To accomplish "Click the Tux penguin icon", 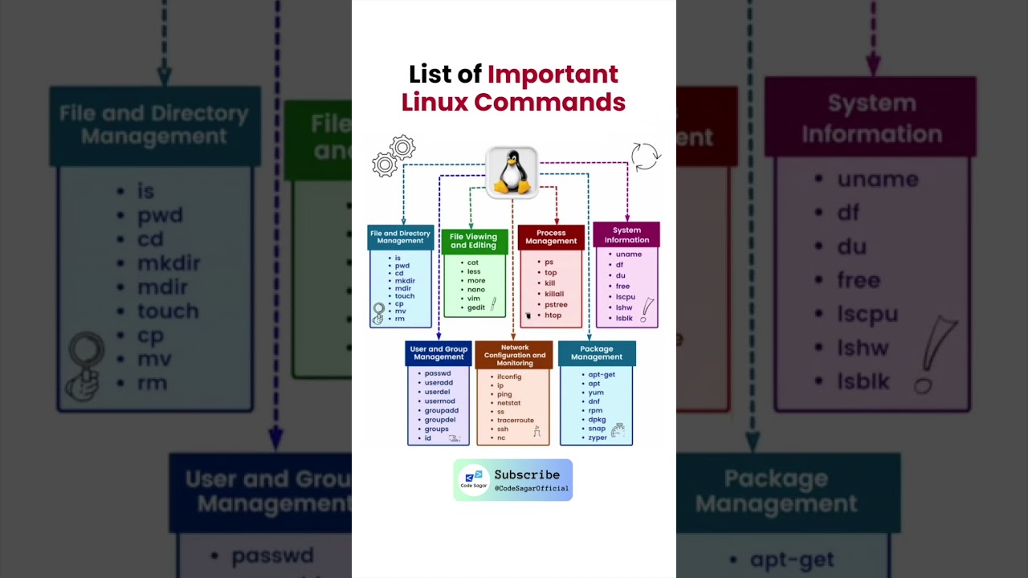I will (512, 173).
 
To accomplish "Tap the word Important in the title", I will (553, 75).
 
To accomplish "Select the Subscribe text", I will (527, 474).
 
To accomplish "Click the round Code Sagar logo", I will (474, 480).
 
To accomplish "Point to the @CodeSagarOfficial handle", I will (531, 488).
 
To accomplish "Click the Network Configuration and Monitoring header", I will (514, 356).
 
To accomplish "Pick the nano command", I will (476, 290).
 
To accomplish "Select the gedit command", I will (476, 308).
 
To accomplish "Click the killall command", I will (554, 294).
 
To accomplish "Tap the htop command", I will (553, 315).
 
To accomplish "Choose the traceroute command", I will (516, 420).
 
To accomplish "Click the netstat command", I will (508, 403).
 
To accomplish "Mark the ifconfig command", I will (509, 377).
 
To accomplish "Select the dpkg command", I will (597, 420).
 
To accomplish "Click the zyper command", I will (598, 438).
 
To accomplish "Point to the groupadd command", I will (442, 410).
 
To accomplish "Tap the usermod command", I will (440, 401).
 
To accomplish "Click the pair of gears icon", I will (394, 157).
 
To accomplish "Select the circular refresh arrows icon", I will (645, 157).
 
